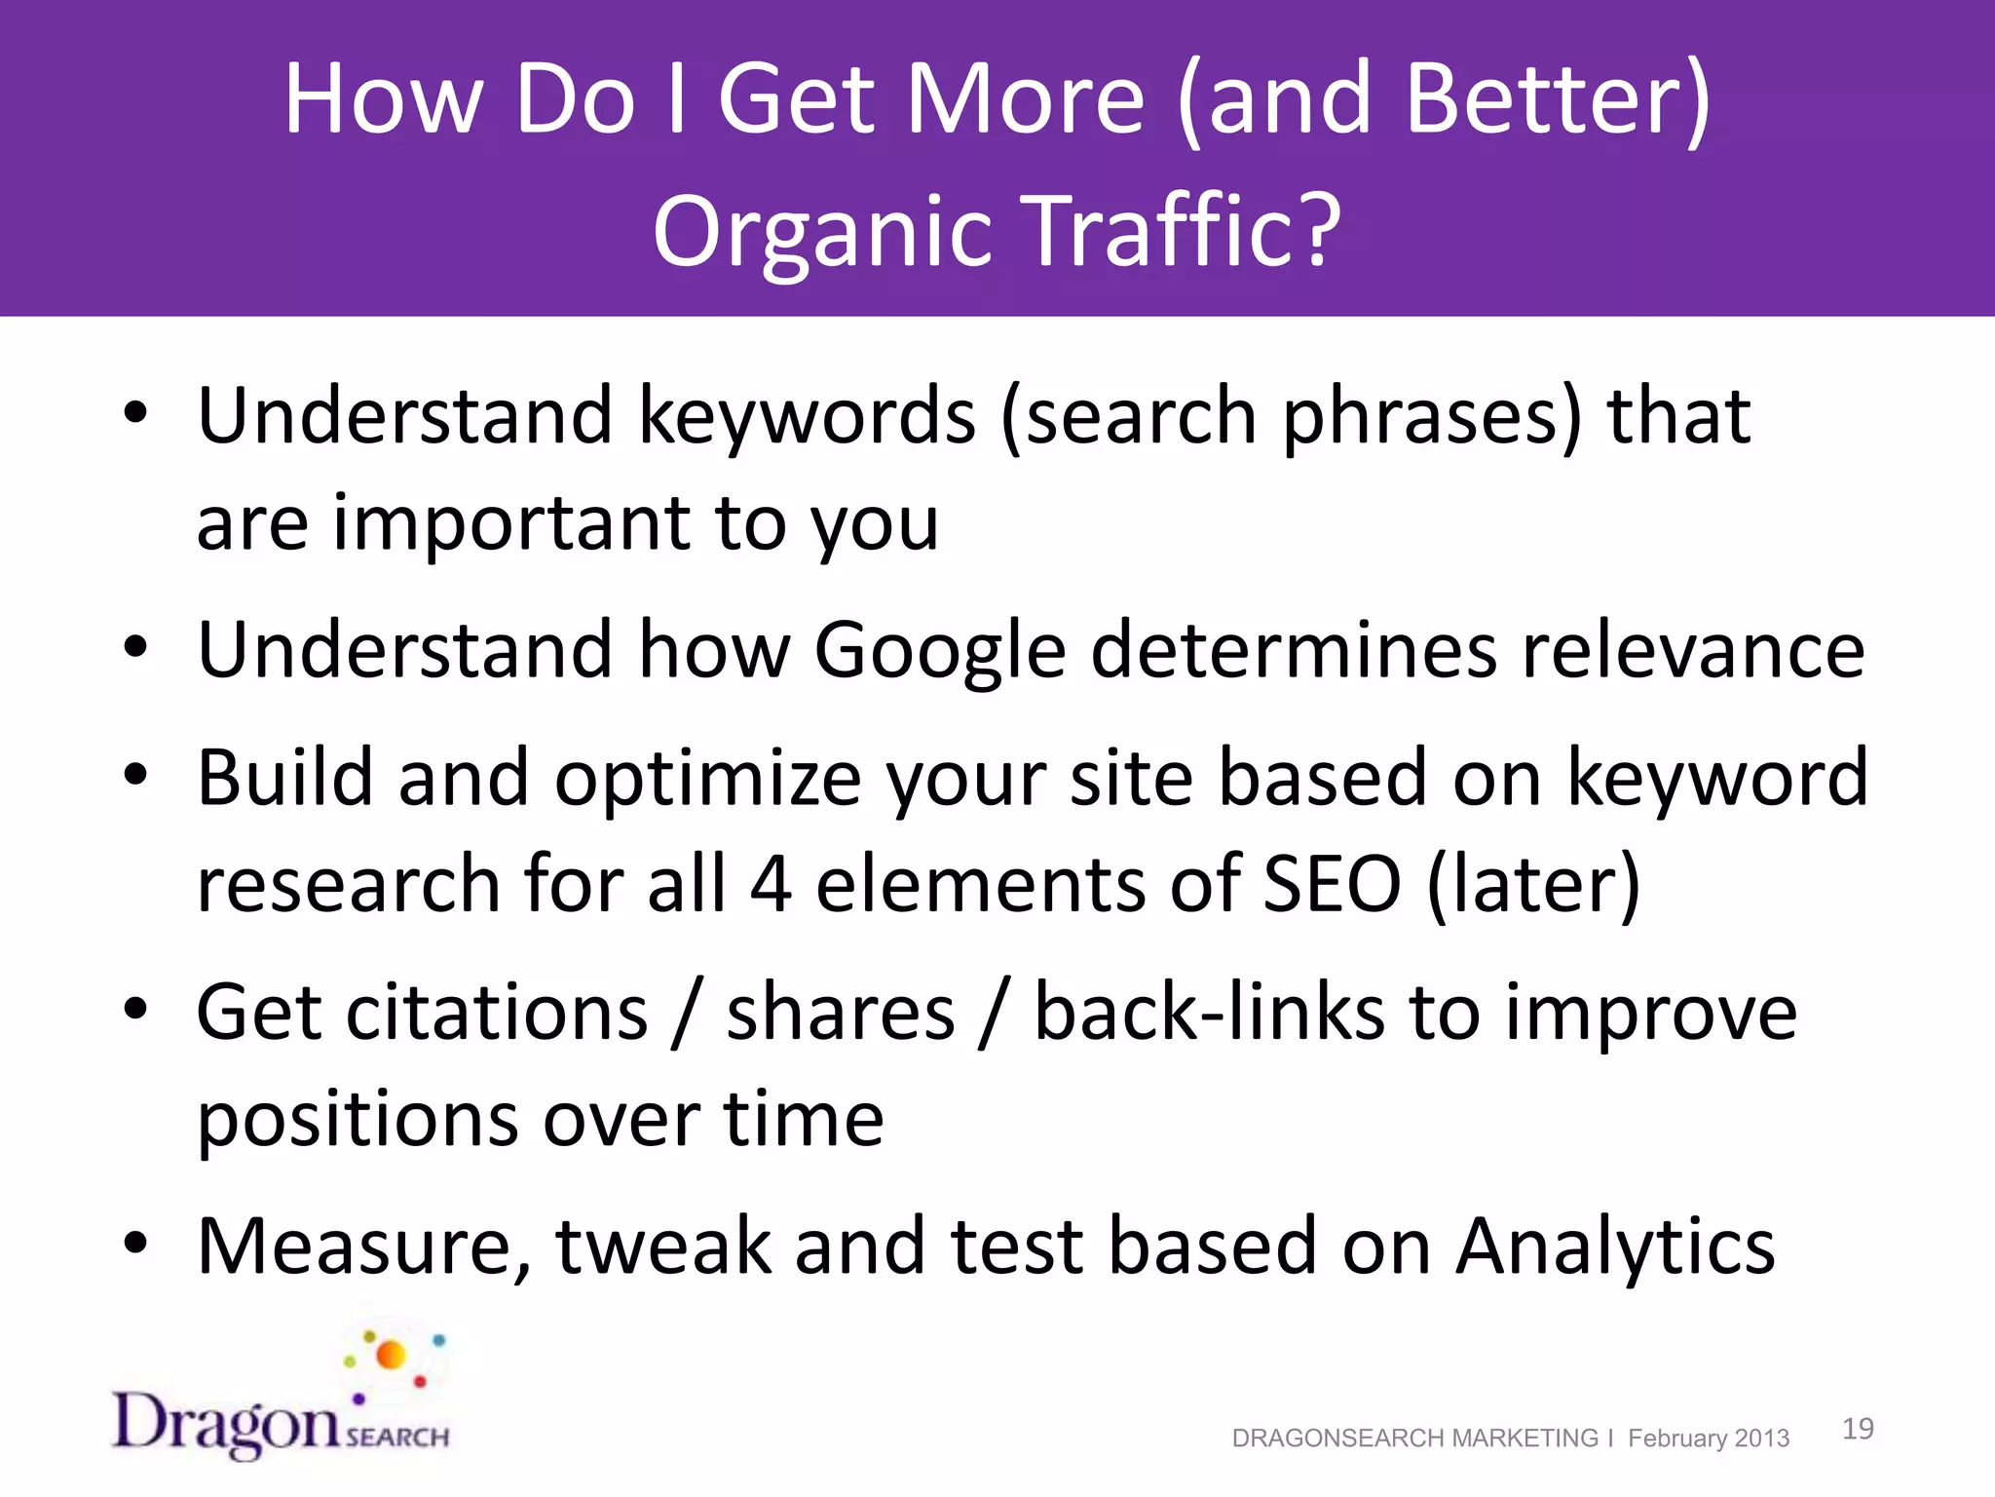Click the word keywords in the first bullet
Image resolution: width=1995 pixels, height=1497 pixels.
point(807,417)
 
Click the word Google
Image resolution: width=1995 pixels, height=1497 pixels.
point(940,650)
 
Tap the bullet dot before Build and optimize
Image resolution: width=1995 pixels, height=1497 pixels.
point(135,776)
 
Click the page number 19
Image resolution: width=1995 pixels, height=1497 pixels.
point(1858,1429)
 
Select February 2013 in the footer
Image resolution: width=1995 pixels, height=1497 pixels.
point(1709,1439)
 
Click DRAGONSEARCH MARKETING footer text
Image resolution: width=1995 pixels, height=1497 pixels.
point(1414,1439)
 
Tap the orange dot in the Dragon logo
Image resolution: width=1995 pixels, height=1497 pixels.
point(391,1355)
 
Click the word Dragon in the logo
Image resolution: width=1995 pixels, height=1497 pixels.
point(226,1423)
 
